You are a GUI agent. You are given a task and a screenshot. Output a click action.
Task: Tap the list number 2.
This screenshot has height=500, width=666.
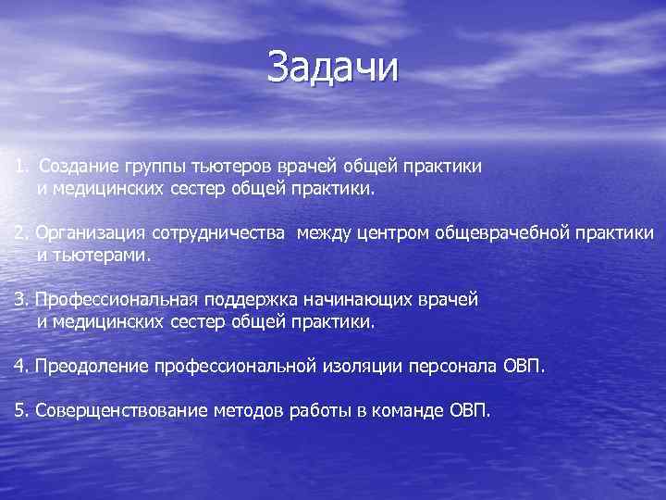(19, 232)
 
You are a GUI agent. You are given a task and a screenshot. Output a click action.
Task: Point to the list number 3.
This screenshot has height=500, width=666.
(19, 299)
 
